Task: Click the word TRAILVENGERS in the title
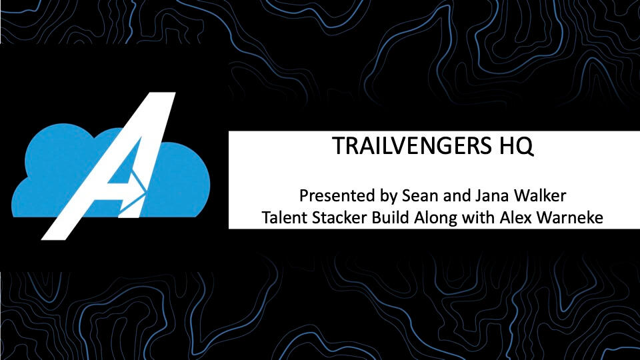tap(412, 145)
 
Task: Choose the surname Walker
tap(540, 195)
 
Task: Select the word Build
tap(391, 217)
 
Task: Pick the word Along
tap(435, 219)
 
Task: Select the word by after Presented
tap(389, 197)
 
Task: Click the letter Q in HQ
tap(525, 147)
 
